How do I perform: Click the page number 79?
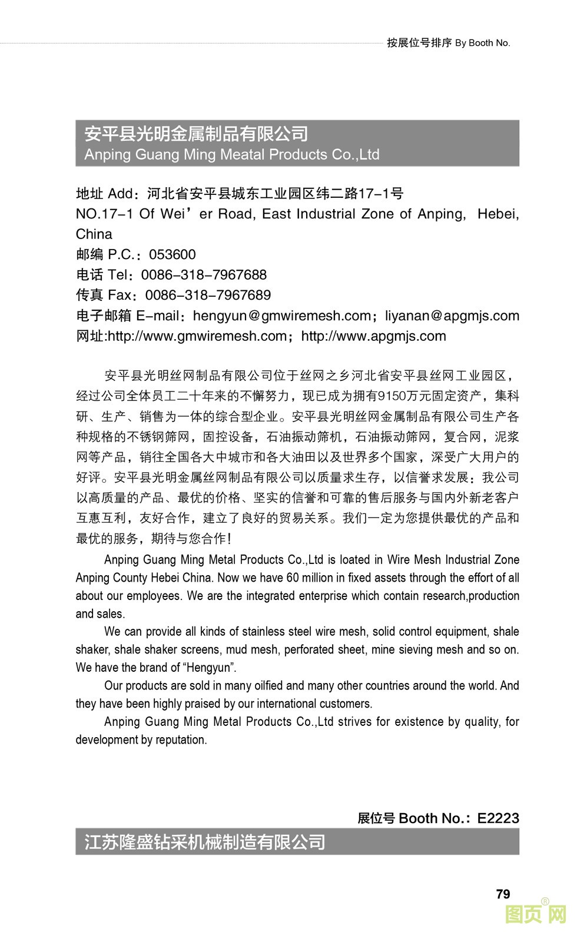503,894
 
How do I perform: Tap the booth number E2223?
498,818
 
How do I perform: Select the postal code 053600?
172,254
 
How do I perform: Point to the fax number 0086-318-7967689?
208,295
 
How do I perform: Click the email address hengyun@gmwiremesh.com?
281,316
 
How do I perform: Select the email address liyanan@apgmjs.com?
452,316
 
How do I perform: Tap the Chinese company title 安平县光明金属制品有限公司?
196,134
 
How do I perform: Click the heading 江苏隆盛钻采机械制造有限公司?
204,842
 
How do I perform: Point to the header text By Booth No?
483,43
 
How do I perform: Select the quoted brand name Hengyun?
210,668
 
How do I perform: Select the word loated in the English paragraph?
354,559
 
